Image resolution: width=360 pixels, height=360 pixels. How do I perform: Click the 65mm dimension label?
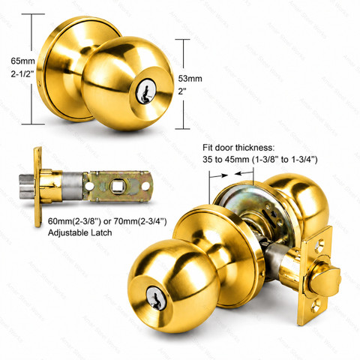22,61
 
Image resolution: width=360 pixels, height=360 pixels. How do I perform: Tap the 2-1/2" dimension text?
22,74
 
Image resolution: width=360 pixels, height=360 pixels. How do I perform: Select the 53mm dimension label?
190,79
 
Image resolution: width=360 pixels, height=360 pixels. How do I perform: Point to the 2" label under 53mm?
183,91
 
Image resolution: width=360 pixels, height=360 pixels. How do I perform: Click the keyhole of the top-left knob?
145,94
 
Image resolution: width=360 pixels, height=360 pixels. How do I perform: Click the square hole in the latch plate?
116,186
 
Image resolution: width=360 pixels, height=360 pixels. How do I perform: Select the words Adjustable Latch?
79,232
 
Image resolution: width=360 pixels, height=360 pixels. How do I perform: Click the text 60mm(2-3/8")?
74,221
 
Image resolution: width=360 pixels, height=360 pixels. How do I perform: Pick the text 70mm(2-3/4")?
140,221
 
